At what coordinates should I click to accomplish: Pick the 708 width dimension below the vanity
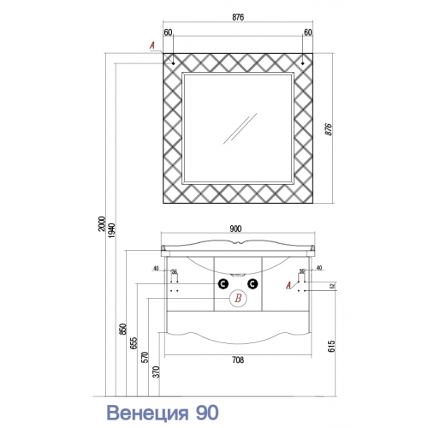click(x=238, y=360)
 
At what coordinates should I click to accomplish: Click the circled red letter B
click(x=238, y=298)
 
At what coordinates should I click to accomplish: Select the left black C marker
click(x=223, y=284)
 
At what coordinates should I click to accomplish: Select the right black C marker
click(x=253, y=284)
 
